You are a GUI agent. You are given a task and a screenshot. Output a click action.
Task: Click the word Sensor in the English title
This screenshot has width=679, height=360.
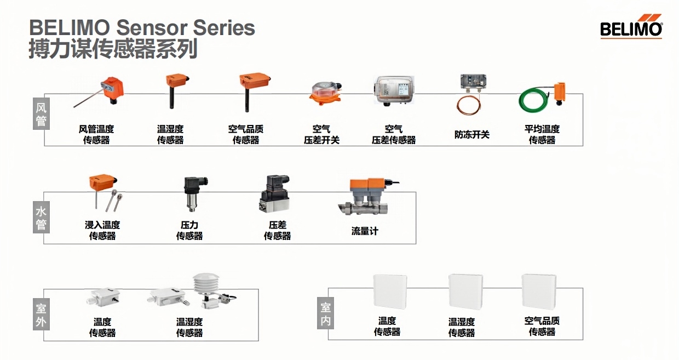tap(154, 27)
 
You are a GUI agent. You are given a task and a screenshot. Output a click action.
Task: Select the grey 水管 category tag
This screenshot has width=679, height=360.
tap(41, 218)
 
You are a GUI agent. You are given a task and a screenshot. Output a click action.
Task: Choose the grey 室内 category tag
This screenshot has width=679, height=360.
tap(326, 314)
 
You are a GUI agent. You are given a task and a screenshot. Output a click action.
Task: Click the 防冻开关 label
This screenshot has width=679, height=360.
tap(471, 134)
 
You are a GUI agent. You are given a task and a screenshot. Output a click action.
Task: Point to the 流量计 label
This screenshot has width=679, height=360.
tap(365, 231)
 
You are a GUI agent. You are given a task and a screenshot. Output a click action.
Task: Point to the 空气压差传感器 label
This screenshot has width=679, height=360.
tap(394, 134)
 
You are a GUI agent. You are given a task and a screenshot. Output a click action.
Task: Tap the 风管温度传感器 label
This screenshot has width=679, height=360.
tap(96, 134)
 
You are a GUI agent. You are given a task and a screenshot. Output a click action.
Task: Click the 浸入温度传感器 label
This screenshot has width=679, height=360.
tap(102, 230)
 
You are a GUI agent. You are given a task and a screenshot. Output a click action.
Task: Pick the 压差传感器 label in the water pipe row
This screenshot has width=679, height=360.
tap(277, 230)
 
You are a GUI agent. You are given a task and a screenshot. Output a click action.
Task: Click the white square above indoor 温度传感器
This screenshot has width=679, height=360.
tap(389, 292)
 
